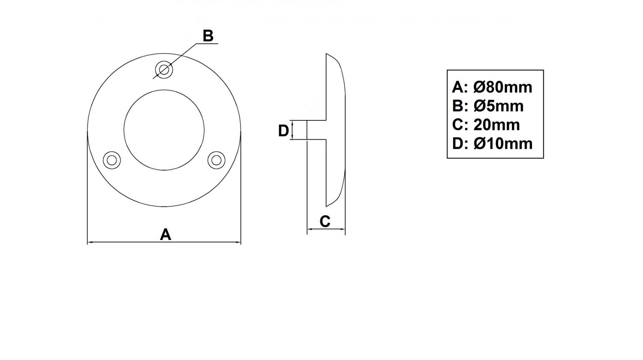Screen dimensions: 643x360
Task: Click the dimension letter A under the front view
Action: [165, 234]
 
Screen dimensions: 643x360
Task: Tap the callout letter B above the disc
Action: [208, 36]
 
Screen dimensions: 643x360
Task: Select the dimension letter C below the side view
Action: [325, 221]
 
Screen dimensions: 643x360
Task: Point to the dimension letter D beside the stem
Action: [283, 131]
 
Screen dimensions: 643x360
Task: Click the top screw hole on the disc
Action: [164, 69]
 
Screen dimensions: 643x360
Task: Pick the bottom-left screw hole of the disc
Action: [111, 160]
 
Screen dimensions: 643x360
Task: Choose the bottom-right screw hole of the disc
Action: [216, 160]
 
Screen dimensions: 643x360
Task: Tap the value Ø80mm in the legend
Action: [503, 87]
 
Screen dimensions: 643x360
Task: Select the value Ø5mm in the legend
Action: [498, 106]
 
